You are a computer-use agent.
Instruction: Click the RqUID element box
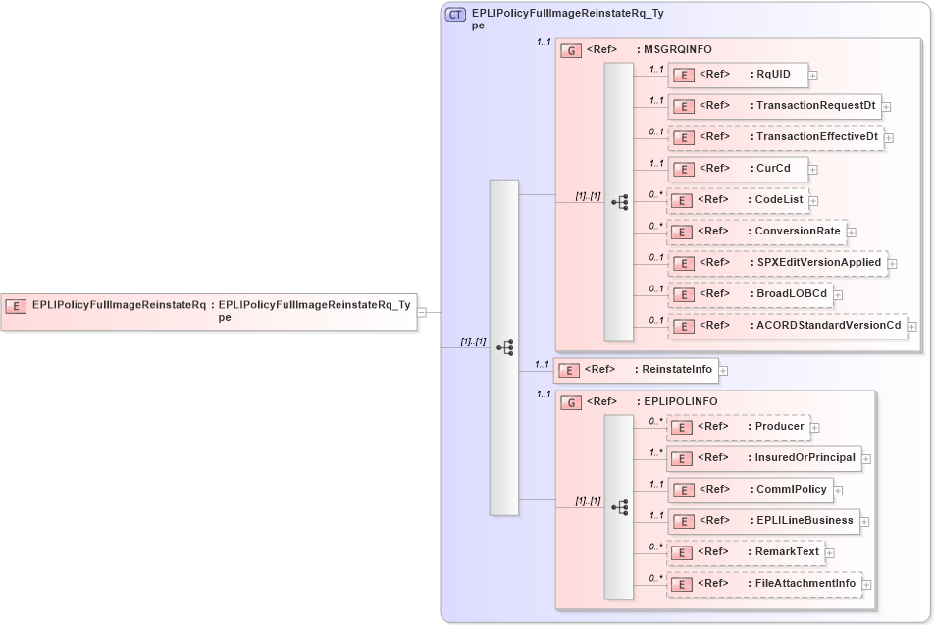737,75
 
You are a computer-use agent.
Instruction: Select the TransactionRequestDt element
774,106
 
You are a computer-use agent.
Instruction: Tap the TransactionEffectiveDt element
775,137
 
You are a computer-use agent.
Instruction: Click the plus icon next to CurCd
812,169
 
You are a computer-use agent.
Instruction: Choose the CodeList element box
738,200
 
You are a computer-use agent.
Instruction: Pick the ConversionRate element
756,232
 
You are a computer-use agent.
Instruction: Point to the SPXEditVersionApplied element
777,263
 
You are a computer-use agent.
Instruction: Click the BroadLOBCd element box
751,294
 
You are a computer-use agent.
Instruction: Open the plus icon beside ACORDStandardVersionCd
912,326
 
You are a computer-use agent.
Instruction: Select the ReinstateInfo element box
637,369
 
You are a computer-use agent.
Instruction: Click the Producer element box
738,427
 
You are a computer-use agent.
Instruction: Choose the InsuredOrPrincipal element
763,458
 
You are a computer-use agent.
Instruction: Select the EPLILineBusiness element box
763,521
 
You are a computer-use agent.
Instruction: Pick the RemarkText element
746,552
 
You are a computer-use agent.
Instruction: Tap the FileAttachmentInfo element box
764,584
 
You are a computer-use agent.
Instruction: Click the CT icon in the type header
455,15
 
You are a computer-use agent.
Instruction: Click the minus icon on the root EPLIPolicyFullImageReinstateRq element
421,312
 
